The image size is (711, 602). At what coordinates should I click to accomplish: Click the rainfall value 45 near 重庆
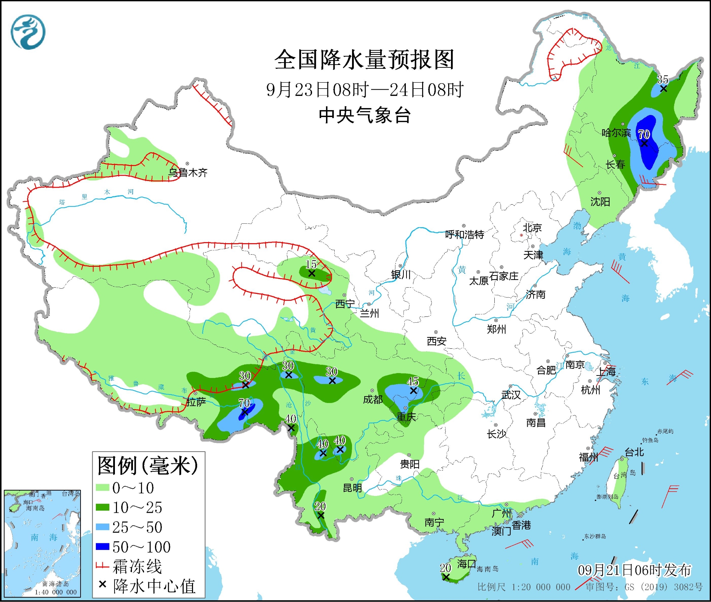(412, 381)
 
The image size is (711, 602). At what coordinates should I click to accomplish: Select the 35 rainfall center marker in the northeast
(663, 89)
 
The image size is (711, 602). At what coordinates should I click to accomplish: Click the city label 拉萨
(196, 402)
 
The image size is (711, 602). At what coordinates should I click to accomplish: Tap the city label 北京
(532, 228)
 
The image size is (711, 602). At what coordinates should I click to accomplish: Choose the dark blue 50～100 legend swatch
(102, 546)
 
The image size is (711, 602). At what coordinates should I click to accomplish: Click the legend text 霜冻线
(137, 567)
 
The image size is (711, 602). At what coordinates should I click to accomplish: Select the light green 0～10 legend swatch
(102, 487)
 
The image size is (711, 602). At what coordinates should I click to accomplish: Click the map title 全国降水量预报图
(364, 60)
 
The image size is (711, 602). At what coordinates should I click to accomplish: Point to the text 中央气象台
(365, 115)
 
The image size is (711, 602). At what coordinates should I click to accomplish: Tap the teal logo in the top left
(28, 32)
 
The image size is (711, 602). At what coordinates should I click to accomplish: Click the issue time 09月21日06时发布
(634, 570)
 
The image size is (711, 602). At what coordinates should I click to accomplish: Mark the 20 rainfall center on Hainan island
(446, 577)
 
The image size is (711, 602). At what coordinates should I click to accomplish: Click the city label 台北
(634, 452)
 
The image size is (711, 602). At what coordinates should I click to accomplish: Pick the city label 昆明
(352, 488)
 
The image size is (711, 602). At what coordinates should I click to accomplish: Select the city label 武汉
(511, 395)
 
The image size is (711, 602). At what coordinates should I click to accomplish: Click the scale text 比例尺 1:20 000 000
(524, 587)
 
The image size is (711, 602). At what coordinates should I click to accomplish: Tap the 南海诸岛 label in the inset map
(56, 584)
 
